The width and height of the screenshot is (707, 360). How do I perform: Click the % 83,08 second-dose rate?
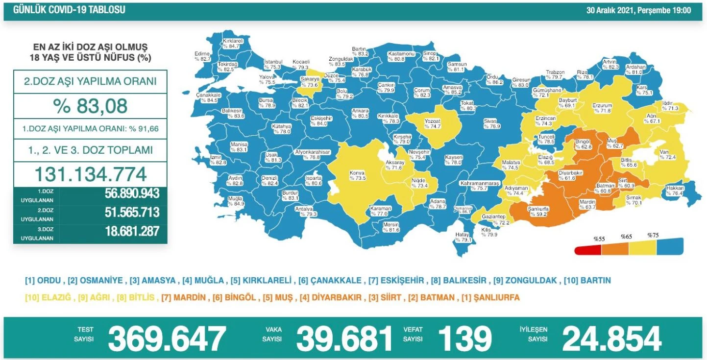click(90, 105)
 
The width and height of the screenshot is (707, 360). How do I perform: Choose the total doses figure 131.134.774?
click(90, 174)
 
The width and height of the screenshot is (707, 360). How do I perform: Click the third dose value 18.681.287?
click(132, 231)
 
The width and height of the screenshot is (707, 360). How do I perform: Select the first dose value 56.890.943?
click(132, 193)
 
